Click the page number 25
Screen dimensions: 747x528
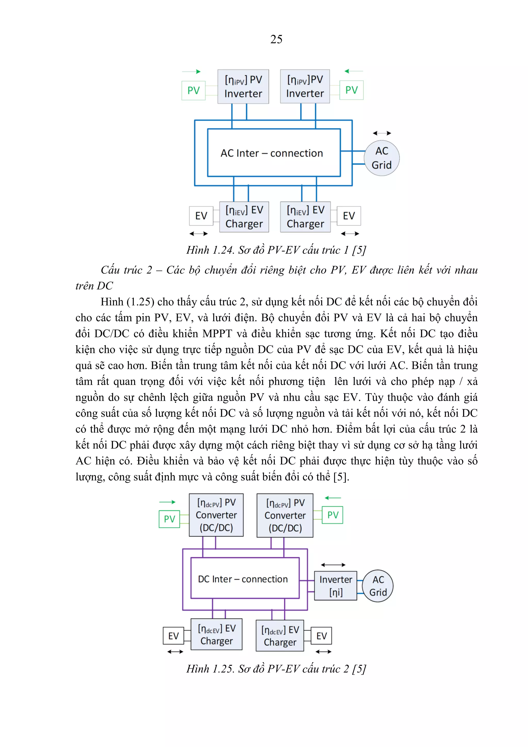click(x=276, y=39)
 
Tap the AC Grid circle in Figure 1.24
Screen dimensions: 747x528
click(x=382, y=158)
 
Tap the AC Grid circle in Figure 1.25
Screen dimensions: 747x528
click(x=378, y=586)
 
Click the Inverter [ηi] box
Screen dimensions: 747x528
click(x=335, y=586)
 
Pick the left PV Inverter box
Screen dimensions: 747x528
click(x=243, y=87)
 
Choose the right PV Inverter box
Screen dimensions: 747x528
click(x=305, y=87)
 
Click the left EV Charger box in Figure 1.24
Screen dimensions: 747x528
click(x=244, y=217)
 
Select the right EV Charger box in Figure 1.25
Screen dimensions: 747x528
click(x=280, y=635)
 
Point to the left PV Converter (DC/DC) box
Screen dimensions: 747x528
click(x=216, y=515)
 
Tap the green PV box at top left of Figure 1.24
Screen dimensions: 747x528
click(x=193, y=91)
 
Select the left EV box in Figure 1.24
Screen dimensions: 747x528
click(x=201, y=216)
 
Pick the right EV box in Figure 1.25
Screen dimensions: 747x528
click(x=321, y=636)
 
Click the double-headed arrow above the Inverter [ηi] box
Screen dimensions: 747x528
click(x=333, y=565)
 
